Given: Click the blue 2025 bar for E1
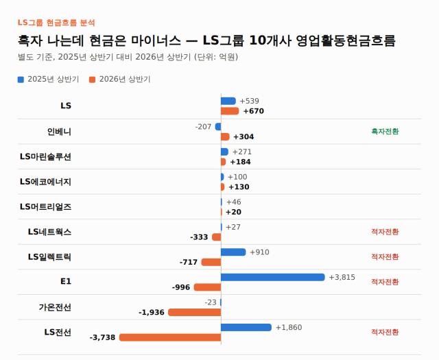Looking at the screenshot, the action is (x=273, y=277).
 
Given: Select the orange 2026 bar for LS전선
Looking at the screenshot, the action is (x=170, y=337).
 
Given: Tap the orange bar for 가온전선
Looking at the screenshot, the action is (x=195, y=313).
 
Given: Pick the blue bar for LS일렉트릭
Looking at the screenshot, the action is (x=233, y=252).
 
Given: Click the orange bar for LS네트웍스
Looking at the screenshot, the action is (x=217, y=237).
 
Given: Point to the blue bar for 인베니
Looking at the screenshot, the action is (x=218, y=127).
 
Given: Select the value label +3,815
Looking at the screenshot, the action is (x=342, y=277).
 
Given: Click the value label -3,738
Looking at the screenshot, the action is (x=102, y=337).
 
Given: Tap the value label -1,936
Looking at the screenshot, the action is (x=152, y=313).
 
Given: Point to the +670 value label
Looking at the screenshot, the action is (x=254, y=111).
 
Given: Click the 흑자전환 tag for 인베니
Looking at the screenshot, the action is (x=385, y=131).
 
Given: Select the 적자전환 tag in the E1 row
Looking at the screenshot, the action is (x=385, y=282).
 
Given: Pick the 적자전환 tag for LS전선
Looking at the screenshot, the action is (x=385, y=332).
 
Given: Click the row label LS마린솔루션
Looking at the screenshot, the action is (x=45, y=156).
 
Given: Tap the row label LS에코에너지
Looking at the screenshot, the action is (x=45, y=182).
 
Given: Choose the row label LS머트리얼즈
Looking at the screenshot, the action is (x=45, y=207).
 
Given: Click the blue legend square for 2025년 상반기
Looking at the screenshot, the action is (x=21, y=80).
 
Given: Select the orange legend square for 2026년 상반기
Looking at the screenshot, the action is (x=92, y=80).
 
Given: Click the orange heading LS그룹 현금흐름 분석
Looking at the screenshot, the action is (x=56, y=23).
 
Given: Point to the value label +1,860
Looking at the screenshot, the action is (x=289, y=328).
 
